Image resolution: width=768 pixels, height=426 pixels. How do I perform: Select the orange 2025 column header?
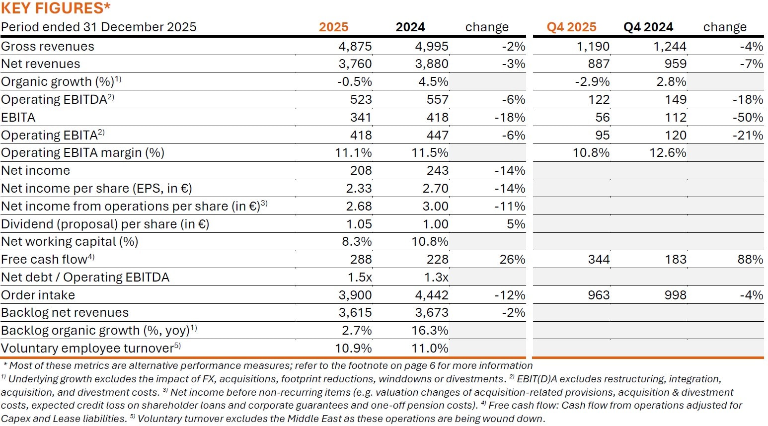pos(333,27)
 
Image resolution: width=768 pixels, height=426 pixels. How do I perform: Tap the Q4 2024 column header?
pos(648,27)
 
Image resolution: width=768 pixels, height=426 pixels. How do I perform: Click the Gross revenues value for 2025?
pos(355,46)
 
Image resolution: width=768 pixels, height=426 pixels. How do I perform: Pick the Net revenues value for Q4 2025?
pos(599,64)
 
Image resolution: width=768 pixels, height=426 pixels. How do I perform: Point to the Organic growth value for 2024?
pos(433,81)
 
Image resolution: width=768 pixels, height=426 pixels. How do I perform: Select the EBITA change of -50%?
pos(748,117)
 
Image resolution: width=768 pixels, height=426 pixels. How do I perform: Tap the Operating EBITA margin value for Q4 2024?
pos(668,152)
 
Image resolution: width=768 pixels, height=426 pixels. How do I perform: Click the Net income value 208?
pos(361,170)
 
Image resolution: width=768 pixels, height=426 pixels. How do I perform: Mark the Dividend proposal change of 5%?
pos(516,224)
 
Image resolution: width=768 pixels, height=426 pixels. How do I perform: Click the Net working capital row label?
pos(70,241)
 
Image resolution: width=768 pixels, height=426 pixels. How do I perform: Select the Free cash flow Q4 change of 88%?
pos(750,259)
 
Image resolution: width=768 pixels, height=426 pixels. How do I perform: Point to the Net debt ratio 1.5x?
pos(360,277)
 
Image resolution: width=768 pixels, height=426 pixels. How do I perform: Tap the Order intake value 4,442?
pos(431,295)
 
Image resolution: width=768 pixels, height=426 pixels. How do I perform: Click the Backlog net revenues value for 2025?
pos(355,312)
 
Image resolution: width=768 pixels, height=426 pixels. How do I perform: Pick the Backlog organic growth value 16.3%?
pos(430,330)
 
